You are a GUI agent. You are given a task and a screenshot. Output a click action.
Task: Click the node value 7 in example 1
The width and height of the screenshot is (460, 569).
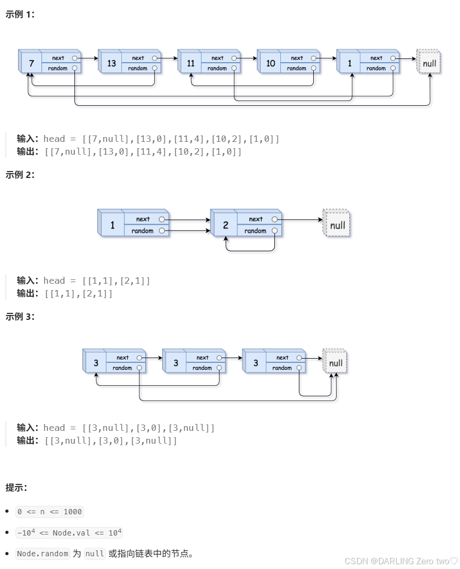coord(31,64)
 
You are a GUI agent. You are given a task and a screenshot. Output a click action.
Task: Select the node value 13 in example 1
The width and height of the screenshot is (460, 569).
coord(111,64)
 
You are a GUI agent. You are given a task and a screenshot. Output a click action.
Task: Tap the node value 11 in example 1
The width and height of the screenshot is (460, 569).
coord(191,64)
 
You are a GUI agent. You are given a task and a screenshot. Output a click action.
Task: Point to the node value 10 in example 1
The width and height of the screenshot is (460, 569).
coord(271,64)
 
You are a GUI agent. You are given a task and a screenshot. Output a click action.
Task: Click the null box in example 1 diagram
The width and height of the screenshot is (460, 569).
coord(429,64)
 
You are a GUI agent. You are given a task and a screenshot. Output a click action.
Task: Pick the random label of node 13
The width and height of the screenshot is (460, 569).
coord(137,69)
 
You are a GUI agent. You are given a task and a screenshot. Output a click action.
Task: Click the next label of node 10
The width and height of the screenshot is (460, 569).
coord(297,58)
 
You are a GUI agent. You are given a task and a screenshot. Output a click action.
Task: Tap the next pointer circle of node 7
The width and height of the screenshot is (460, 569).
coord(74,58)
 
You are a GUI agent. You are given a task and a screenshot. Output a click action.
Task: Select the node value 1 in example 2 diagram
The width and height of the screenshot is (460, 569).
coord(112,225)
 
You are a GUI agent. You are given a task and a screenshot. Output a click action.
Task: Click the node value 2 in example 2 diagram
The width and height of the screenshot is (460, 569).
coord(225,225)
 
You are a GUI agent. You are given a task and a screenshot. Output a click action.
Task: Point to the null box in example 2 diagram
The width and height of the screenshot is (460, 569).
coord(337,225)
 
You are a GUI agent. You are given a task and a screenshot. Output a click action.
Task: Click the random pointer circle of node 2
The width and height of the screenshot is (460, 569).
coord(274,231)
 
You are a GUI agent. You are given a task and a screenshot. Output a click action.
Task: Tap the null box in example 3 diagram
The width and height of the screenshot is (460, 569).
coord(336,363)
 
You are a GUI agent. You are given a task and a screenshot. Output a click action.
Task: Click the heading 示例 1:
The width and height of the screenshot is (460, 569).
coord(20,15)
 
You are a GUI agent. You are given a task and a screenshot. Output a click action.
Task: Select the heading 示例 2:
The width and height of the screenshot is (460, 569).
coord(20,175)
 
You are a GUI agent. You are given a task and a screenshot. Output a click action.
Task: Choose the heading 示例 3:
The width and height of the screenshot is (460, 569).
coord(20,317)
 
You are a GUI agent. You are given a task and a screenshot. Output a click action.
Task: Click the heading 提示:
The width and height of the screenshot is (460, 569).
coord(16,488)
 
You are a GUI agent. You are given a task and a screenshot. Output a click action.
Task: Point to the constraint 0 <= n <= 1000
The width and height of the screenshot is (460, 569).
coord(49,512)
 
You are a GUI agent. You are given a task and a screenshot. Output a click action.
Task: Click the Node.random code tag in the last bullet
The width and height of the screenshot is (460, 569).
coord(43,554)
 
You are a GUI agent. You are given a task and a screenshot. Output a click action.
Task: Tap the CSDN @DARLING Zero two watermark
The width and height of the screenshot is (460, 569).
coord(400,561)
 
